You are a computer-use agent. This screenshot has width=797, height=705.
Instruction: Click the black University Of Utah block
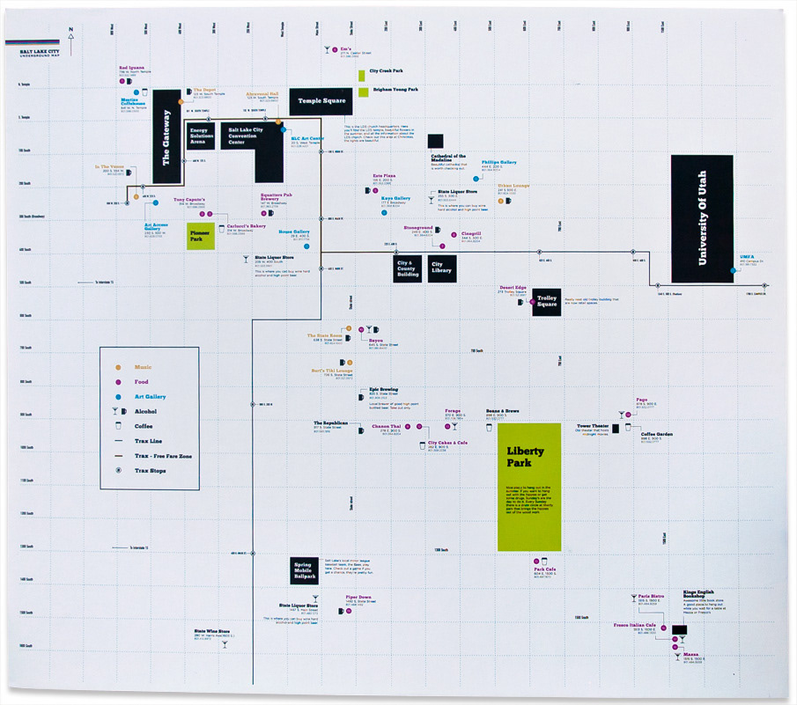(701, 218)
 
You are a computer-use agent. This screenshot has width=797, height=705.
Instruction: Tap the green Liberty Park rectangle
(528, 486)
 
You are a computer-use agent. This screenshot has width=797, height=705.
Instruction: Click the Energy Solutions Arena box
(202, 136)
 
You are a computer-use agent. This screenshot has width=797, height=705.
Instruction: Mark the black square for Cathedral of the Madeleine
(435, 141)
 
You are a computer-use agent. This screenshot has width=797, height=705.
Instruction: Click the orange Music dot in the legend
(117, 365)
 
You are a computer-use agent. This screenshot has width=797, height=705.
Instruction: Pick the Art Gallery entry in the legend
(150, 396)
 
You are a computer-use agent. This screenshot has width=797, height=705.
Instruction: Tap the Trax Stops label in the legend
(150, 471)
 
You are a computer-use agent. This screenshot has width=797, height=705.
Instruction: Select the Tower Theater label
(593, 426)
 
